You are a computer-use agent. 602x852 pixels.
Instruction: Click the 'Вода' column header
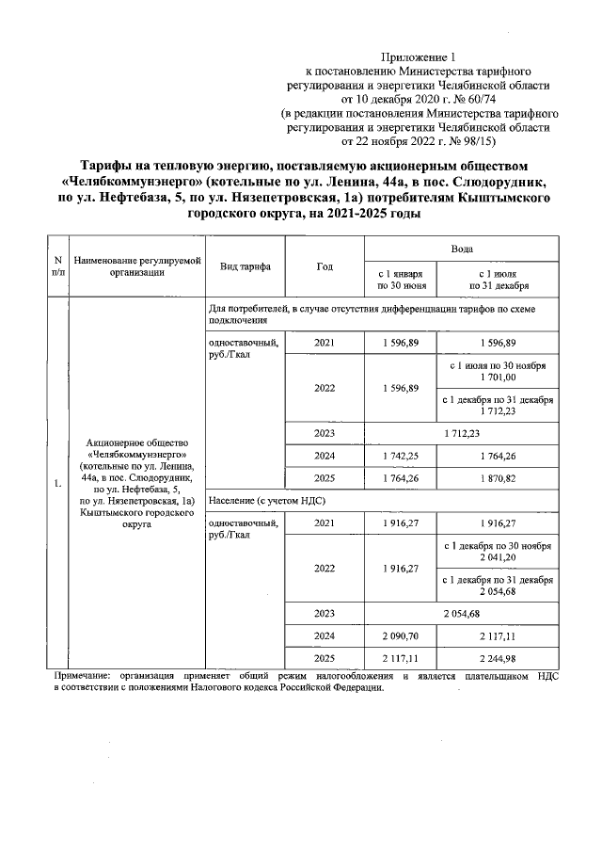click(x=461, y=249)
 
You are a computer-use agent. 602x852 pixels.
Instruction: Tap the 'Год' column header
click(x=325, y=266)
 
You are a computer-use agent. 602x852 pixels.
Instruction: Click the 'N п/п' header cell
click(x=58, y=266)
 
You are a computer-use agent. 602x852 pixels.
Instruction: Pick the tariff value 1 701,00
click(x=497, y=378)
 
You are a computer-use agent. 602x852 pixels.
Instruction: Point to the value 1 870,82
click(x=497, y=478)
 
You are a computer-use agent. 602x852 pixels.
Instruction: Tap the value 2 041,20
click(x=497, y=558)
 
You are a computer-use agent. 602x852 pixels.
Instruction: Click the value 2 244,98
click(x=497, y=659)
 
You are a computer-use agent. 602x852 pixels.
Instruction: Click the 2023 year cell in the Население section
click(x=325, y=614)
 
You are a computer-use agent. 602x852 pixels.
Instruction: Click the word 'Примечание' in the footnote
click(x=80, y=676)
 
